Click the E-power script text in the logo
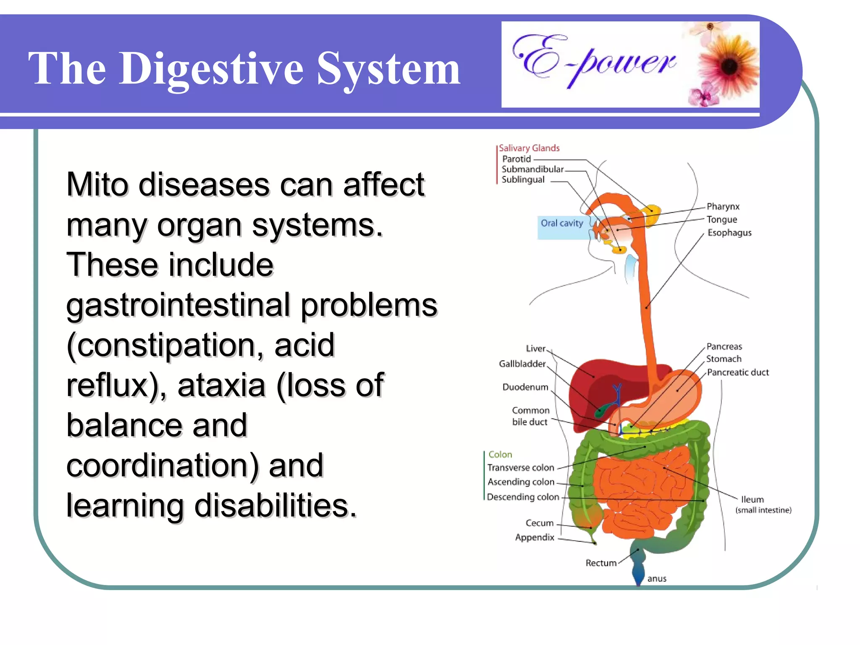pos(594,61)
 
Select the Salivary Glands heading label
pos(529,148)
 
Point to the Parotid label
pos(517,159)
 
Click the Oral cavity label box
pos(562,223)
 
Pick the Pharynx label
pos(723,206)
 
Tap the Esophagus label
pos(729,233)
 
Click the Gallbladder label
pos(522,364)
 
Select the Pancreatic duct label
pos(738,372)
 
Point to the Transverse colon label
pos(521,467)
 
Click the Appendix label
pos(535,537)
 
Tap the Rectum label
pos(601,563)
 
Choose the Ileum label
pos(752,499)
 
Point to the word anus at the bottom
pos(657,579)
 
